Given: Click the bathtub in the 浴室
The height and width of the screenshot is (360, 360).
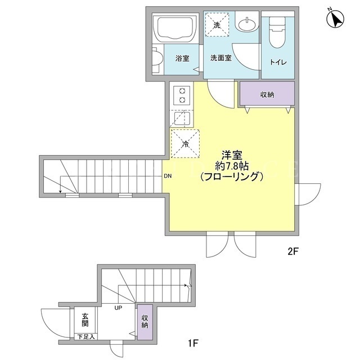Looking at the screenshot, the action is [175, 29].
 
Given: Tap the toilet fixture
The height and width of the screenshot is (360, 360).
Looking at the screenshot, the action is [277, 32].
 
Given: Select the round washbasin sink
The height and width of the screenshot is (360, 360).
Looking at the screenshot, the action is [246, 25].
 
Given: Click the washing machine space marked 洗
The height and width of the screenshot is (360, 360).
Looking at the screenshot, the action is [217, 25].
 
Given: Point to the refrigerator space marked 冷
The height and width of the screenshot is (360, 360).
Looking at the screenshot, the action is [185, 144].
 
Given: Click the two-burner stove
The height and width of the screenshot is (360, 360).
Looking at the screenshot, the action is [182, 96].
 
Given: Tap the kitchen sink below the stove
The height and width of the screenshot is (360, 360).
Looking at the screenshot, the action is [182, 119].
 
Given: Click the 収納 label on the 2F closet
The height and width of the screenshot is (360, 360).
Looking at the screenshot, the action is [267, 94].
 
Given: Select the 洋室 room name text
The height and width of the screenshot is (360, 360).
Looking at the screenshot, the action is [232, 155].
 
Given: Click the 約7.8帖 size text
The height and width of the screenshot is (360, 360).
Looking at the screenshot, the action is [232, 166].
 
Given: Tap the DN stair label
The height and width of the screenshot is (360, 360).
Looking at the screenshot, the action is [168, 176].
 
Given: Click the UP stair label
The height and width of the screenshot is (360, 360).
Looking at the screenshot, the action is [118, 308].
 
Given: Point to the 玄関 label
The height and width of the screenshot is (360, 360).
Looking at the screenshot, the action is [85, 320].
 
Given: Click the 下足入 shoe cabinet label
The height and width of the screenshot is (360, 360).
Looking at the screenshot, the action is [85, 337].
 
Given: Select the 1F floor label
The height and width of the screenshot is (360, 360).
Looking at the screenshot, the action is [192, 344].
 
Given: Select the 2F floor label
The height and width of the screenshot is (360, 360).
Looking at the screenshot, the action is [292, 251].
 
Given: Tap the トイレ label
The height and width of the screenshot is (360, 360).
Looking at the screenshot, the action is [278, 62].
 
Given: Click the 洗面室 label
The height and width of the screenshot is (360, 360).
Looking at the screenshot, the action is [221, 58].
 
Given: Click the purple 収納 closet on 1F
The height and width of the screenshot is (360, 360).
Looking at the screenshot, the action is [145, 322].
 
